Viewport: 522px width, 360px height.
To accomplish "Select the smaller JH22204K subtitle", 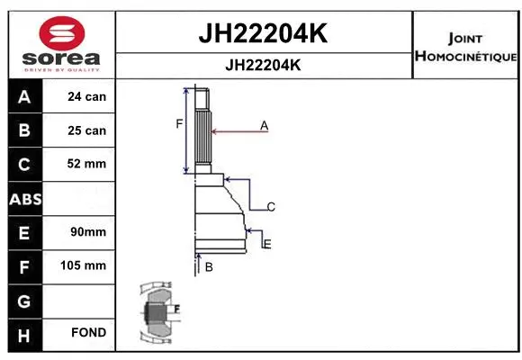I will click(x=262, y=65).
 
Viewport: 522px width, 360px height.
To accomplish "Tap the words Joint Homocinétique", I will click(x=464, y=48).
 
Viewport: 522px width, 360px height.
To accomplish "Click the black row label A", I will click(x=23, y=96).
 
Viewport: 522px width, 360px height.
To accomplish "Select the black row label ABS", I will click(x=23, y=198).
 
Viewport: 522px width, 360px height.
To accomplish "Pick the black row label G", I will click(x=23, y=300).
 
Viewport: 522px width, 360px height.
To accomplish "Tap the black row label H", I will click(x=23, y=333).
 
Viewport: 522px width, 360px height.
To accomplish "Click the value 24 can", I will click(x=86, y=96).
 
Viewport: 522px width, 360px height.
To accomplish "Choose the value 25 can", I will click(x=86, y=130).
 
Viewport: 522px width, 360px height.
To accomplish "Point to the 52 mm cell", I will click(x=86, y=164).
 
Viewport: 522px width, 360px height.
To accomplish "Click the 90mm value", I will click(x=86, y=232).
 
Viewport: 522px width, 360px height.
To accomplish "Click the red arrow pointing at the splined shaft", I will click(x=238, y=132).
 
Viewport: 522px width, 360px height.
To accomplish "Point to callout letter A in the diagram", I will click(x=265, y=126).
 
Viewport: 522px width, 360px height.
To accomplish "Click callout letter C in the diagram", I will click(x=270, y=207).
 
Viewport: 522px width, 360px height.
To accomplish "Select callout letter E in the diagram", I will click(x=267, y=244).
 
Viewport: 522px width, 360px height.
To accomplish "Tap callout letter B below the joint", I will click(x=209, y=267).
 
